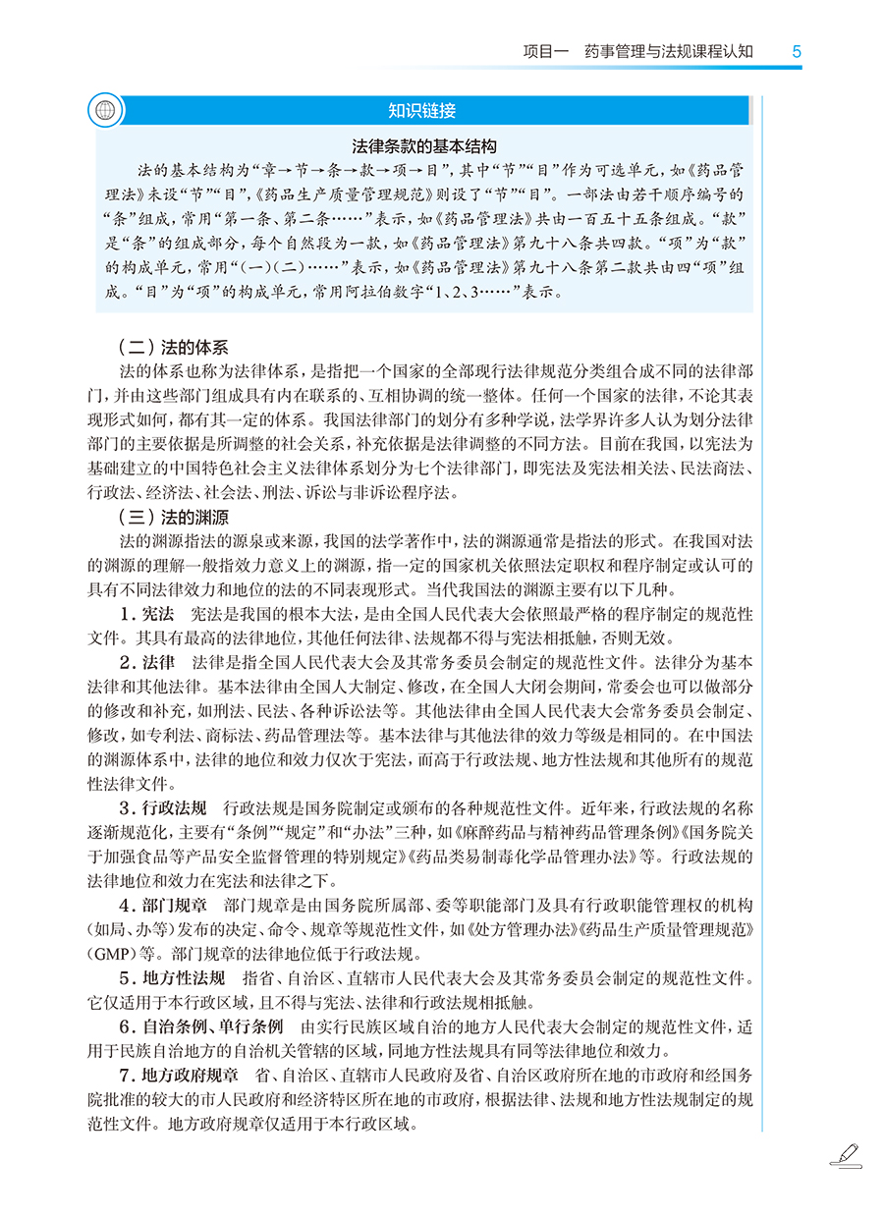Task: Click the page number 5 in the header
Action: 797,51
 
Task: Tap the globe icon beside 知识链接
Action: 102,110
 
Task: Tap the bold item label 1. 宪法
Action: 146,614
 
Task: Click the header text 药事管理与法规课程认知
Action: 668,51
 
